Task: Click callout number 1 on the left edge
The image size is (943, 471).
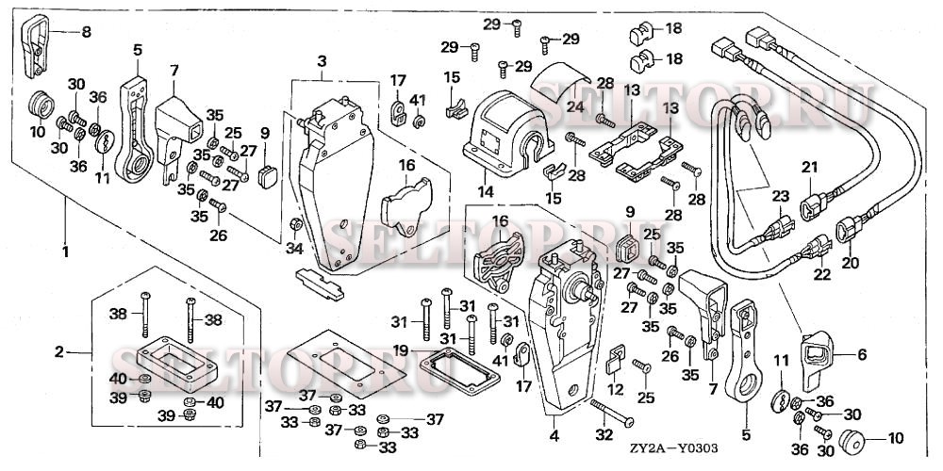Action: point(64,227)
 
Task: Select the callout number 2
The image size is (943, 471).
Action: point(59,352)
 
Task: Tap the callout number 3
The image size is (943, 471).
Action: point(322,61)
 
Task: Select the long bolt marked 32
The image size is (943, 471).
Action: point(613,414)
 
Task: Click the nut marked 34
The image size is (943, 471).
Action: point(296,224)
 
